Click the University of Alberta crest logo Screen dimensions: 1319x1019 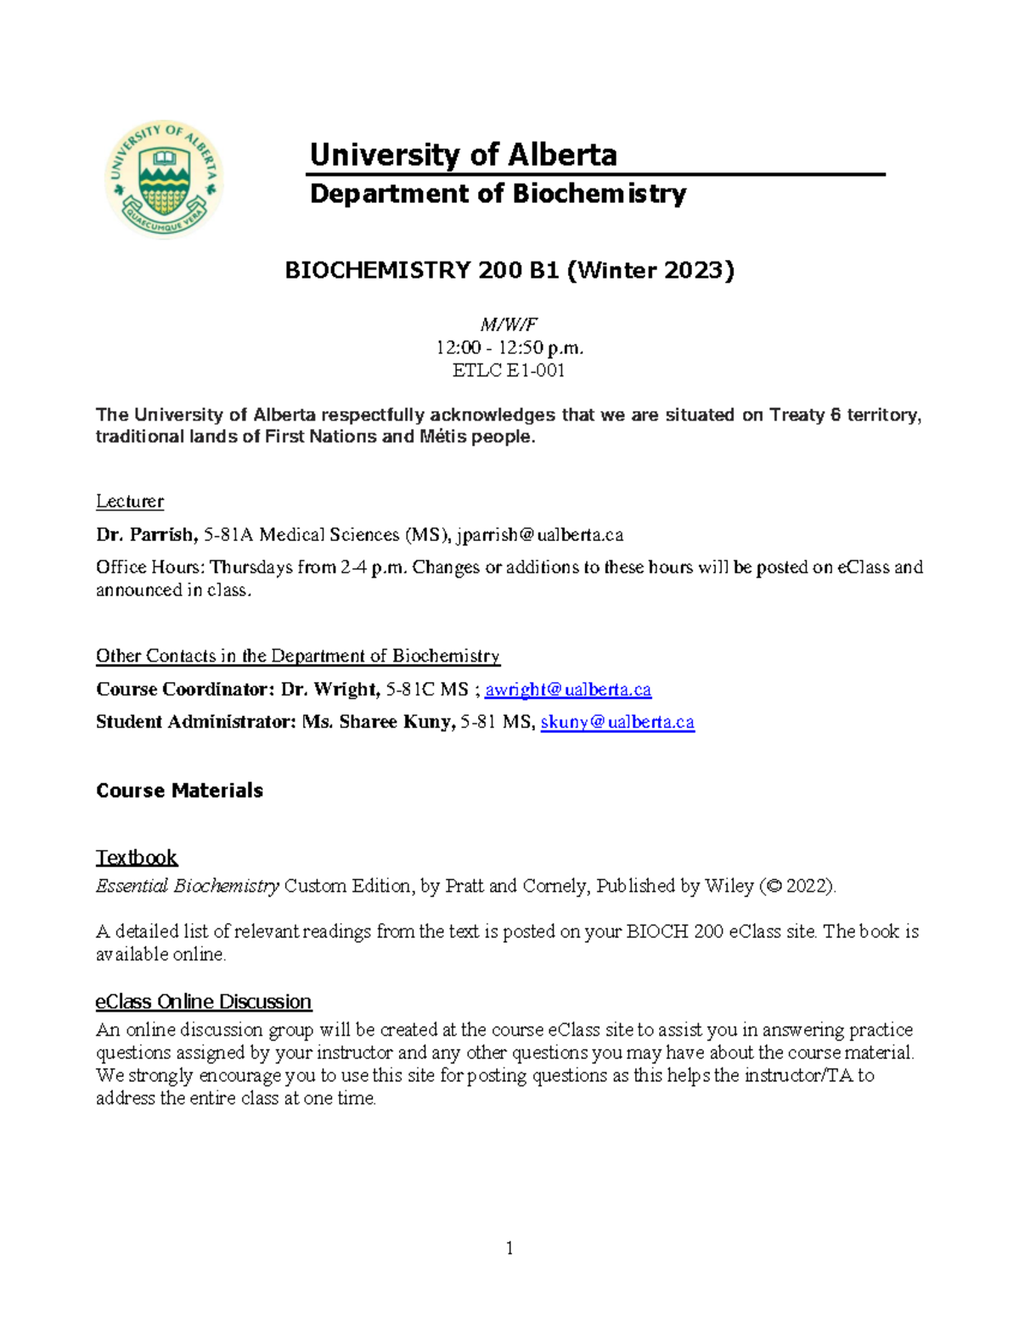164,179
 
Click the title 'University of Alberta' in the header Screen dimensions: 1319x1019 463,155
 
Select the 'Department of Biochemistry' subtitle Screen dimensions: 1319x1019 498,194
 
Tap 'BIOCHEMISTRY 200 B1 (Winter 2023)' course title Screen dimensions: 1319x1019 509,270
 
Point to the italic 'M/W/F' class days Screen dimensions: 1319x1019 509,324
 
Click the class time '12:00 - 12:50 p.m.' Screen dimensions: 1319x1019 509,347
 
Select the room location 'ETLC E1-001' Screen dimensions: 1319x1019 509,370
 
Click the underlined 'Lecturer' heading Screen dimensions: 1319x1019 129,501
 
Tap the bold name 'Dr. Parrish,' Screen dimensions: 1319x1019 147,535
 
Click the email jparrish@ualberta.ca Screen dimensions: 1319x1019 539,535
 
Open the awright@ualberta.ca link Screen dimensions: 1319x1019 567,690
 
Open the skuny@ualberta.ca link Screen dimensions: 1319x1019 617,722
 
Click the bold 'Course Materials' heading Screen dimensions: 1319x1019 179,791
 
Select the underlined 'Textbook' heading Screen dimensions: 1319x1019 137,857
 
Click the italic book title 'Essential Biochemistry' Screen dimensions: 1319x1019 188,886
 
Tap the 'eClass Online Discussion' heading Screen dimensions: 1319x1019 203,1001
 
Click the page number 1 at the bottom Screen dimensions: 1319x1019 509,1248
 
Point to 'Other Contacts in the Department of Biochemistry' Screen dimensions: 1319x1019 297,656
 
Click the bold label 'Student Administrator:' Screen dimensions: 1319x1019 196,722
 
